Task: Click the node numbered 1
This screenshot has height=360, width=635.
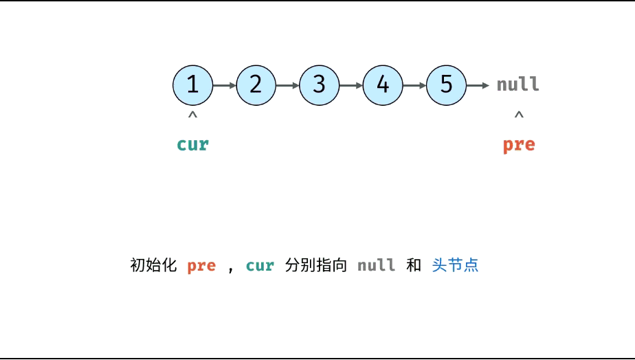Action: coord(192,85)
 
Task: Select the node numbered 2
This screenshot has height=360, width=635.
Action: coord(256,85)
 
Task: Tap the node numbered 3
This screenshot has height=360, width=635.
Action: coord(319,85)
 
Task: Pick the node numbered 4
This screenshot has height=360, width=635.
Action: coord(383,85)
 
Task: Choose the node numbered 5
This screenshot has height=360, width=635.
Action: coord(447,85)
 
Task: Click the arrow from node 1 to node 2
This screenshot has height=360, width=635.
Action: coord(224,85)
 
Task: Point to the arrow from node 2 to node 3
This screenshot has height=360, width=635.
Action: coord(287,85)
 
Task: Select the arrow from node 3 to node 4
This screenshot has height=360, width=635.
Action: coord(350,85)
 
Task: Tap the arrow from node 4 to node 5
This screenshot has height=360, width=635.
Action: coord(414,85)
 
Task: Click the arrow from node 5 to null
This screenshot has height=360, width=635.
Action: coord(480,85)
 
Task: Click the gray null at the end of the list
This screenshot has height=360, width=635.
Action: coord(518,85)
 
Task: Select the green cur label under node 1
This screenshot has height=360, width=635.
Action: coord(192,144)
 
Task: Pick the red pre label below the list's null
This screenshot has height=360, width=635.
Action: coord(518,144)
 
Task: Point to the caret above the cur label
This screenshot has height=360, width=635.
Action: coord(192,115)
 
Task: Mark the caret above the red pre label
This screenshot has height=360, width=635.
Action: coord(519,115)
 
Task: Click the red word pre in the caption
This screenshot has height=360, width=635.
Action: coord(201,265)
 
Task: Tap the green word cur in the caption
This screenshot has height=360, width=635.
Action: coord(260,265)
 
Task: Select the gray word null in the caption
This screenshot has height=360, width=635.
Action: coord(376,265)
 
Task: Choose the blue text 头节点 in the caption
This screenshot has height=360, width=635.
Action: coord(455,265)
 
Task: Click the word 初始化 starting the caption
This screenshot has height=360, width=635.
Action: coord(153,265)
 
